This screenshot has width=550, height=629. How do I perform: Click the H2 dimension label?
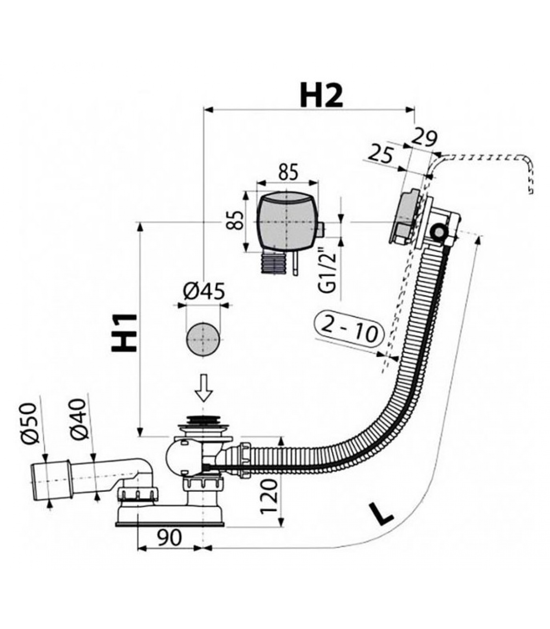[x=321, y=96]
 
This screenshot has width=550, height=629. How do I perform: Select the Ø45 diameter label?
[x=204, y=291]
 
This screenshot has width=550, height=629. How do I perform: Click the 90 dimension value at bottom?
[x=170, y=537]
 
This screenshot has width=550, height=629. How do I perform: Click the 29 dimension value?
[x=423, y=139]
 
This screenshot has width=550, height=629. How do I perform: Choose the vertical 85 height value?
[x=236, y=221]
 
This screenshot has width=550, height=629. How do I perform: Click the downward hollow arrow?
[x=204, y=388]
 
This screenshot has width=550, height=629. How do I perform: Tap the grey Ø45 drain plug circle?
[x=203, y=338]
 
